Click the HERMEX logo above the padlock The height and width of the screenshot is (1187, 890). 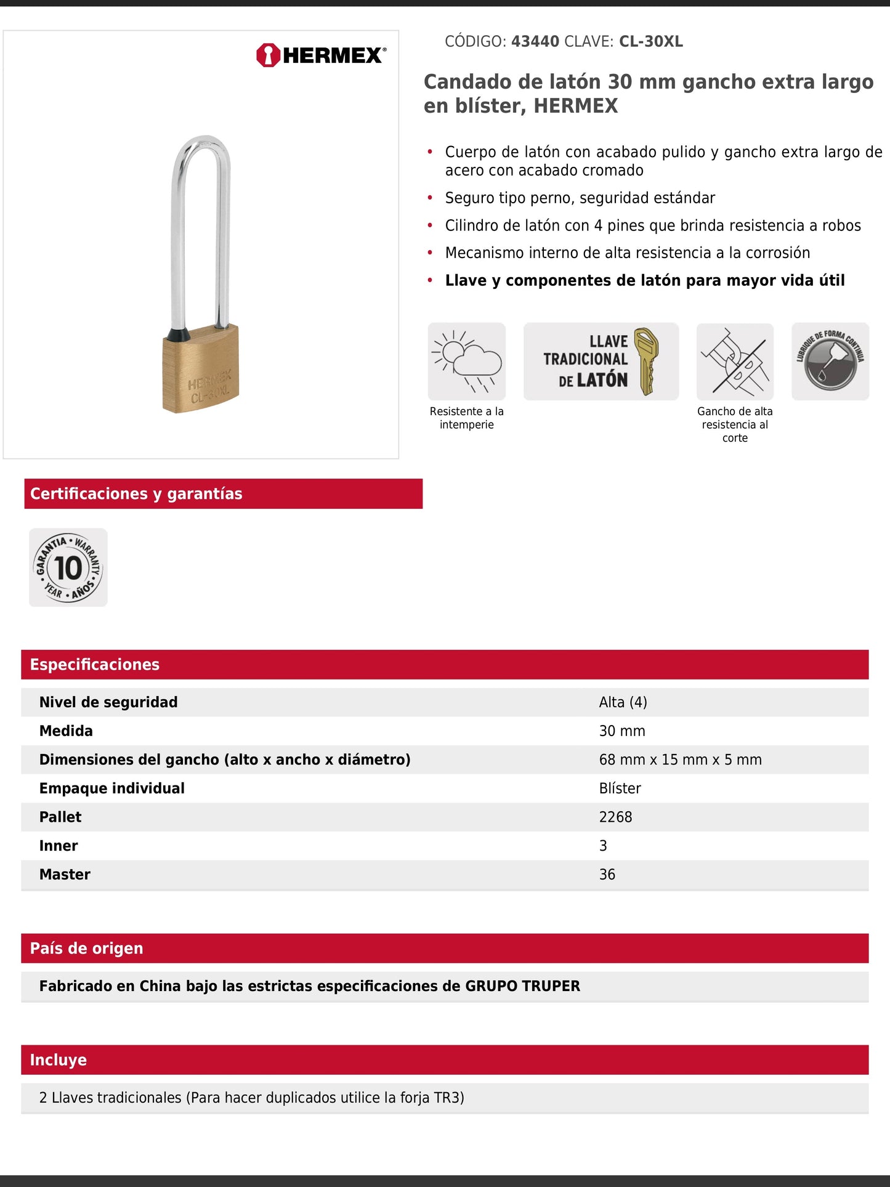coord(321,55)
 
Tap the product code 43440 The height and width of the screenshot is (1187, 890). coord(535,42)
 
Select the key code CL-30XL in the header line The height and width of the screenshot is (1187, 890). coord(650,42)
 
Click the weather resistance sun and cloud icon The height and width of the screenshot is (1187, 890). coord(467,362)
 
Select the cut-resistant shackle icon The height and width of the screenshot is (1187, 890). coord(735,362)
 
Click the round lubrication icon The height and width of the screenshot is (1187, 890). coord(830,362)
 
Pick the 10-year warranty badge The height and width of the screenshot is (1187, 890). coord(68,567)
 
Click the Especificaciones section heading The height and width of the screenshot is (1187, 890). coord(95,665)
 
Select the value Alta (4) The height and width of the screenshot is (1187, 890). coord(623,702)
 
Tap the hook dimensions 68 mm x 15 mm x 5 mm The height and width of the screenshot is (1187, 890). coord(680,760)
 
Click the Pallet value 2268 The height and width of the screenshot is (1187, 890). coord(615,817)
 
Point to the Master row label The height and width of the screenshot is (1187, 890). coord(65,875)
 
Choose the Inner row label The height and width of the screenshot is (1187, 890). coord(59,846)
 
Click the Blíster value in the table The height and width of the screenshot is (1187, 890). coord(620,788)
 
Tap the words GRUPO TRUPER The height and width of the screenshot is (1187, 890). coord(522,986)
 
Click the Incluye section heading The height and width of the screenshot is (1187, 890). coord(59,1060)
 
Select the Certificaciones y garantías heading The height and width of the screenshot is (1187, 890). coord(136,494)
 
